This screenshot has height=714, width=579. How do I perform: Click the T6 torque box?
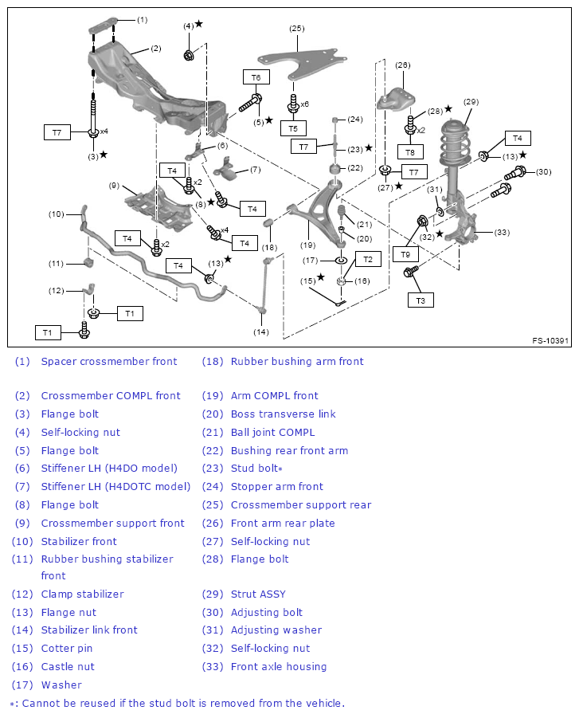pyautogui.click(x=256, y=77)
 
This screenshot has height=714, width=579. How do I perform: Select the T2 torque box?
pyautogui.click(x=368, y=259)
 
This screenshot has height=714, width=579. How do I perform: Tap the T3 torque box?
pyautogui.click(x=421, y=300)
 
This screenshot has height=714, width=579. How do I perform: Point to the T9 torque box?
pyautogui.click(x=405, y=254)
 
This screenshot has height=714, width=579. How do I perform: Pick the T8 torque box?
pyautogui.click(x=409, y=151)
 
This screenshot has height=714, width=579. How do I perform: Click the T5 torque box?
pyautogui.click(x=293, y=128)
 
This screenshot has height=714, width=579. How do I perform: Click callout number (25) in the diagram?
pyautogui.click(x=296, y=29)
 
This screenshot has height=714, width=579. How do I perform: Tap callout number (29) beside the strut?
pyautogui.click(x=470, y=101)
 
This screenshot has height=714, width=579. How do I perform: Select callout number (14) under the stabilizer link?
pyautogui.click(x=261, y=331)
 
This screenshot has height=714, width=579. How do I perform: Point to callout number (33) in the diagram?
pyautogui.click(x=502, y=233)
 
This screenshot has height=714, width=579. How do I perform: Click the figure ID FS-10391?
pyautogui.click(x=550, y=341)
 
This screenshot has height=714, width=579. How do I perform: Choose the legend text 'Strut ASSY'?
pyautogui.click(x=258, y=594)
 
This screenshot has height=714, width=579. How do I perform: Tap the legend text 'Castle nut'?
pyautogui.click(x=68, y=666)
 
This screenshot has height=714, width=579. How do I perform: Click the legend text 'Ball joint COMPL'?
pyautogui.click(x=272, y=432)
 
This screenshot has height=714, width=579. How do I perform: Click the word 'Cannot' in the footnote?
pyautogui.click(x=41, y=703)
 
